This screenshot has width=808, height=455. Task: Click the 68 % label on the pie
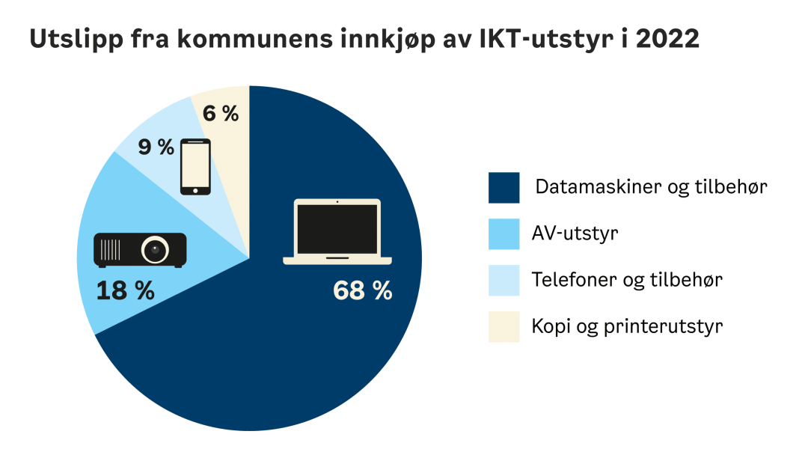[x=363, y=290]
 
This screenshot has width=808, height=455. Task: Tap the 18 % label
[x=125, y=290]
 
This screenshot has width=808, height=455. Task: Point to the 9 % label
[x=156, y=147]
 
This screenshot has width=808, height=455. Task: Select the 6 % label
[x=221, y=114]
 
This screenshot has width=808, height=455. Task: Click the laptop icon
[x=337, y=231]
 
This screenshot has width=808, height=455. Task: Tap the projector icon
[x=139, y=250]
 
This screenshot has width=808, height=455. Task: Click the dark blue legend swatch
[x=504, y=188]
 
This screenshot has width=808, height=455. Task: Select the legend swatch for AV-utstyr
[x=504, y=234]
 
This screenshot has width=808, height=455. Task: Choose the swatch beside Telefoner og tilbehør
[x=504, y=281]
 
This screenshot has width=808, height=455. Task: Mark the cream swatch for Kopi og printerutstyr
[x=504, y=327]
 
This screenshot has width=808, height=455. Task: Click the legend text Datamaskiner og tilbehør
[x=651, y=187]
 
